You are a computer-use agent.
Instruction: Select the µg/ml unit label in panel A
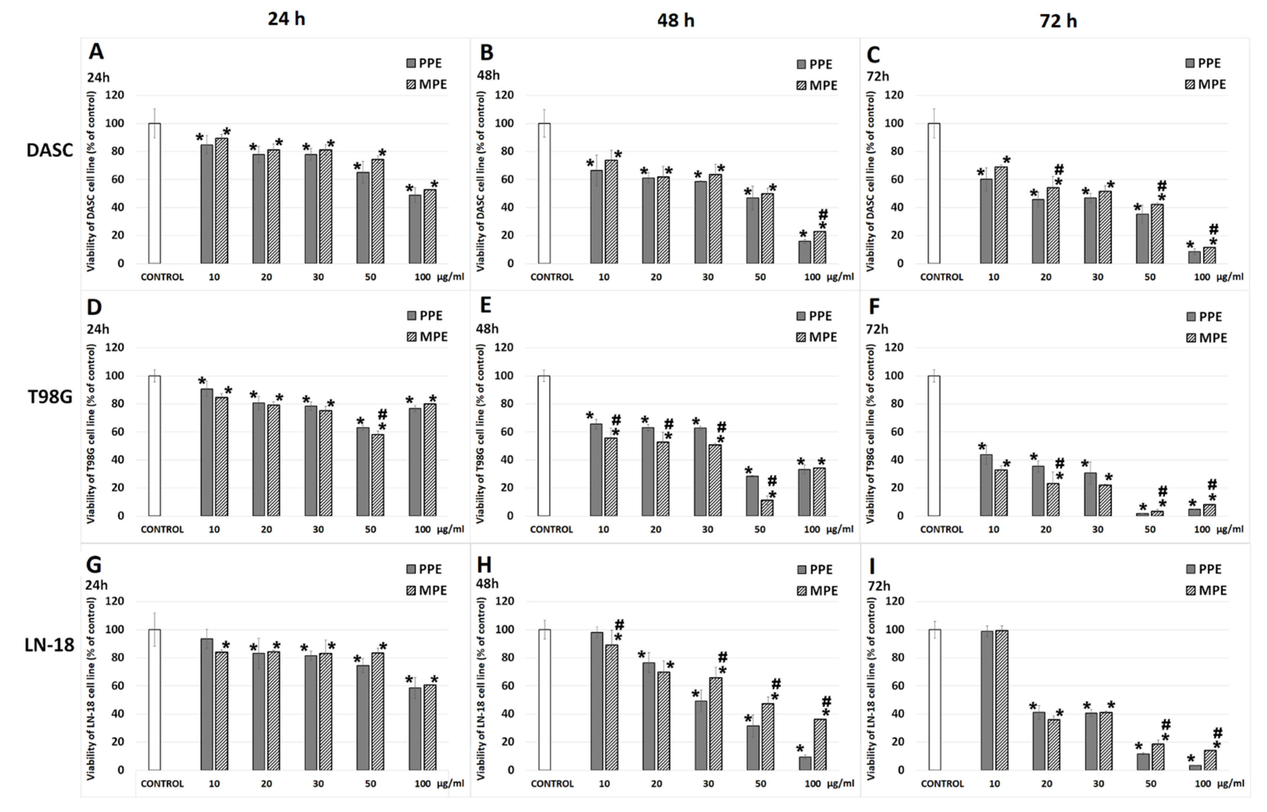coord(450,277)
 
